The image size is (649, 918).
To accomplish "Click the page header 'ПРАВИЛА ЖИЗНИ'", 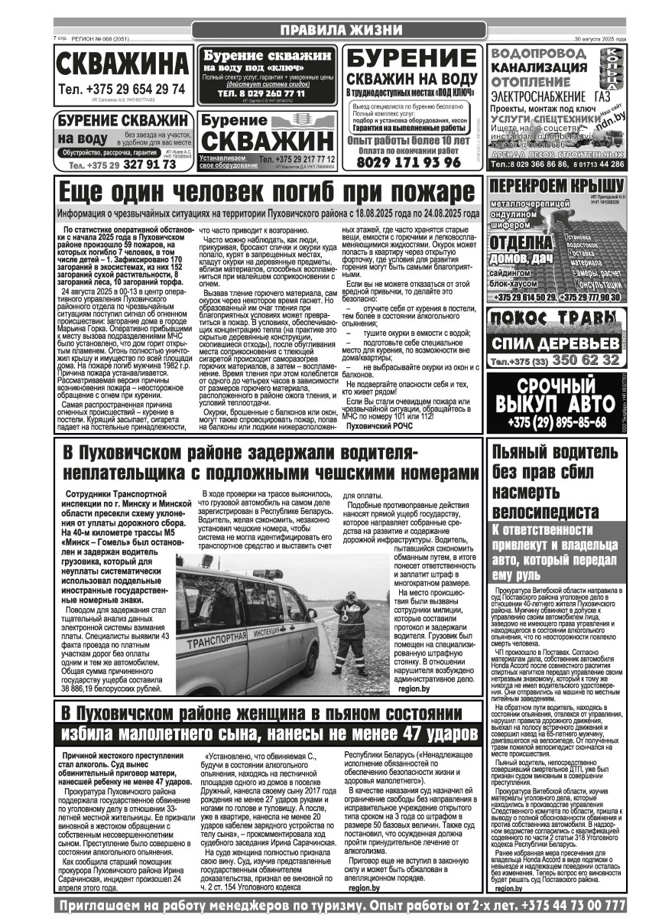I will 340,30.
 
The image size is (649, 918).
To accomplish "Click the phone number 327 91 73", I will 151,164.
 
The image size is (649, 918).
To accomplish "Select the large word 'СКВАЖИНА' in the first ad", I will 123,65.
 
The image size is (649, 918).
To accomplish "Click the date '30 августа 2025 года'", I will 600,38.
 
